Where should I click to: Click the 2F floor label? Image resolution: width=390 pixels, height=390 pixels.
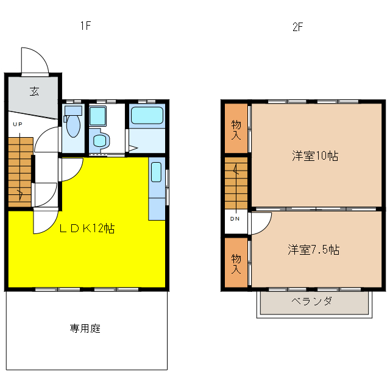point(297,27)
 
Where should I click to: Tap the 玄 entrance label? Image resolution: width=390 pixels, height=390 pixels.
point(34,92)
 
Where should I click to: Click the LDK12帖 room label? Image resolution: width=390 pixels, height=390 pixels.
point(87,229)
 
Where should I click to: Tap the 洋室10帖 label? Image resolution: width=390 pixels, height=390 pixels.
point(314,156)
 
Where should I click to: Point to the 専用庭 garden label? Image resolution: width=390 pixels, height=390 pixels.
point(85,329)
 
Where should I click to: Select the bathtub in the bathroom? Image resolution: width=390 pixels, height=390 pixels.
point(147,115)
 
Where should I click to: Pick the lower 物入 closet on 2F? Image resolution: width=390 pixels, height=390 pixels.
point(236,263)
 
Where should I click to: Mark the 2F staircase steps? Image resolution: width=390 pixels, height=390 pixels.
point(236,183)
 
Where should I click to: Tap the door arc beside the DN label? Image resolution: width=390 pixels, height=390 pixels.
point(261,222)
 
